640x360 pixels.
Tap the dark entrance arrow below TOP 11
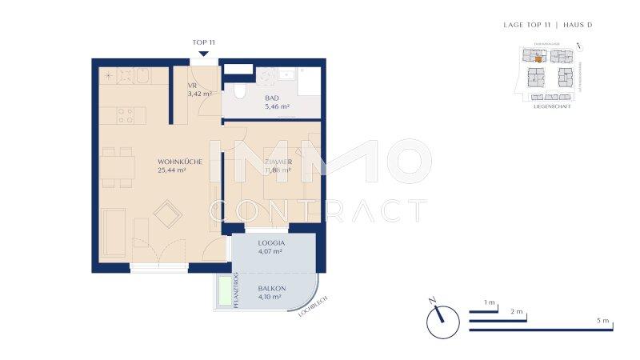coord(203,54)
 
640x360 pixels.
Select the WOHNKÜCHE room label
coord(179,161)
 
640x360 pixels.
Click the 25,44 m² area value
coord(172,170)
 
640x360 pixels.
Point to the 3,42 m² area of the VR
coord(199,94)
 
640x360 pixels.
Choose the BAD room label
coord(274,97)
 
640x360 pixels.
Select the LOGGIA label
coord(272,242)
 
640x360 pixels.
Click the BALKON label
coord(272,288)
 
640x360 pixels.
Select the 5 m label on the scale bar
coord(602,321)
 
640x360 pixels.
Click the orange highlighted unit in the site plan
coord(539,58)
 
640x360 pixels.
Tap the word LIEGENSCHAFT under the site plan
coord(551,106)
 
